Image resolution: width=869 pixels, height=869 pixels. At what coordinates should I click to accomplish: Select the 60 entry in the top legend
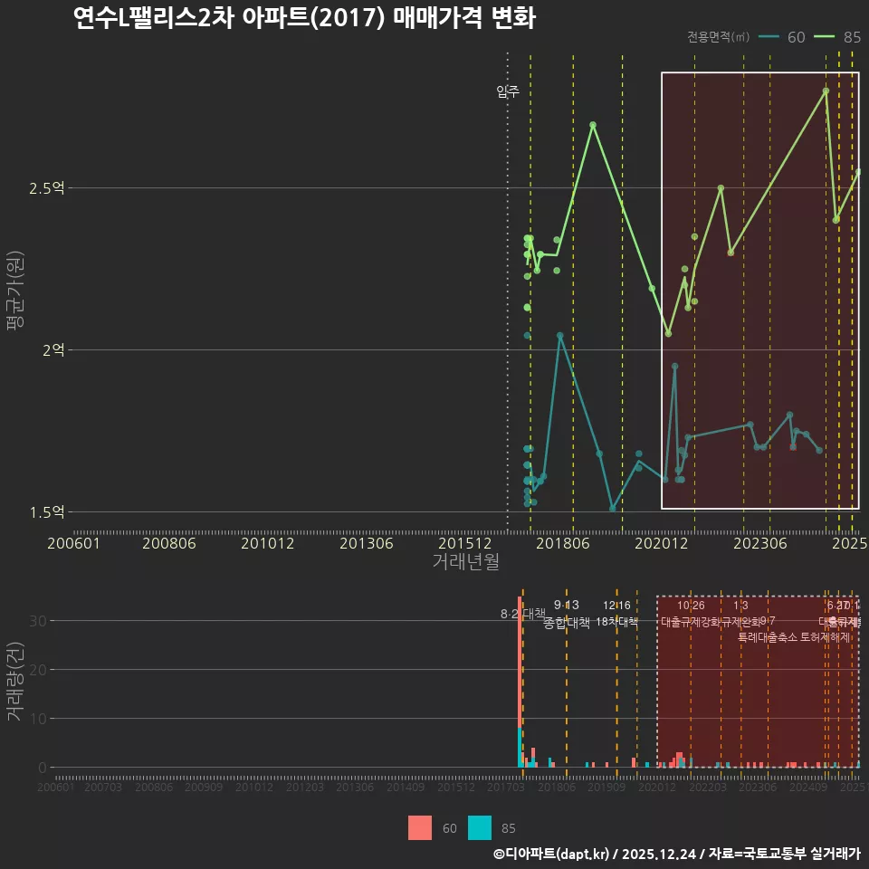click(784, 37)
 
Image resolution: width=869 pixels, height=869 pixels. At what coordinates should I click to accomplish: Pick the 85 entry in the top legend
click(838, 37)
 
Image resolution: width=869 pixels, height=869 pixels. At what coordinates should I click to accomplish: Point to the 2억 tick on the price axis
click(53, 350)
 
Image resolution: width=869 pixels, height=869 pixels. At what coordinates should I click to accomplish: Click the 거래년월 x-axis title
click(465, 561)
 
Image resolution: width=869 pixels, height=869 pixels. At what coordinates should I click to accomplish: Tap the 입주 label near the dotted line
click(508, 91)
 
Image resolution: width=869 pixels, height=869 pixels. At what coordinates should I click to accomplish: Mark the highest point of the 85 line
click(826, 91)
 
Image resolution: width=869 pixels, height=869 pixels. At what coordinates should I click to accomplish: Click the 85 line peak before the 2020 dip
click(593, 125)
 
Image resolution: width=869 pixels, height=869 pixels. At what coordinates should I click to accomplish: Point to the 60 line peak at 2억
click(559, 335)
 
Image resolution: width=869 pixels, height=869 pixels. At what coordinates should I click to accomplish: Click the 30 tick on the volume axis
click(41, 621)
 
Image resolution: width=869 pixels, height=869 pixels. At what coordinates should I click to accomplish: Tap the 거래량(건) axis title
click(14, 682)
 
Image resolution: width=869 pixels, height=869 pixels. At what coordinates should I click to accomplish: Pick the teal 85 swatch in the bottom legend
click(480, 827)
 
